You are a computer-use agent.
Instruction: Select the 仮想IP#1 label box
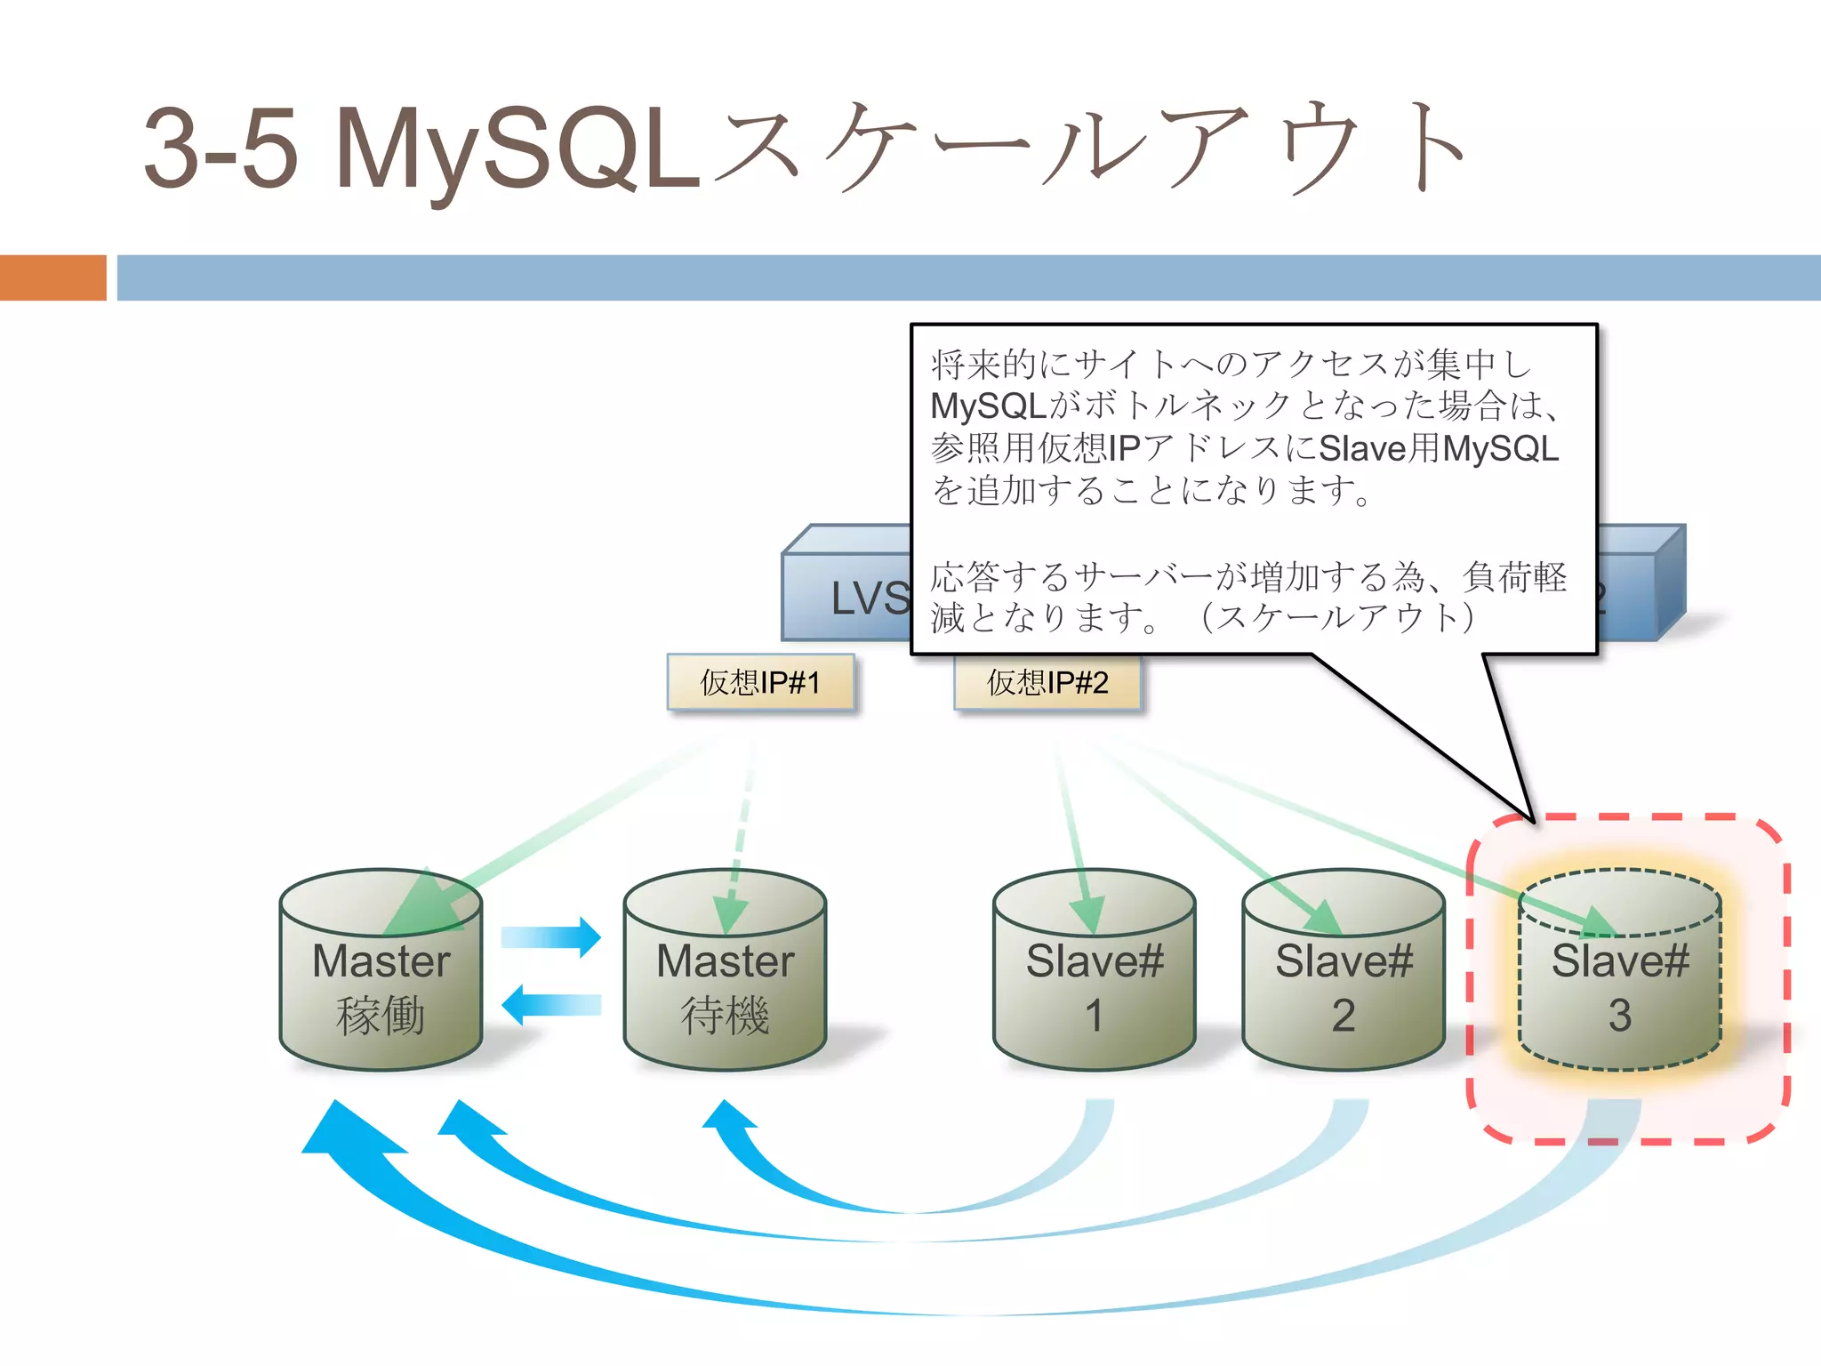(760, 682)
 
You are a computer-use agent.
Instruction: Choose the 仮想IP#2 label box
(1047, 682)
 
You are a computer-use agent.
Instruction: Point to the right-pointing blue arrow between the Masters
(551, 936)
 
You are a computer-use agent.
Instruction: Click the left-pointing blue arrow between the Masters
(551, 1005)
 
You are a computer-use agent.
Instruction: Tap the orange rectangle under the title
(52, 277)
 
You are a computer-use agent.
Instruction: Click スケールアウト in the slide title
(1089, 147)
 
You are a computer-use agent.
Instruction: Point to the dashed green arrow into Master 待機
(741, 827)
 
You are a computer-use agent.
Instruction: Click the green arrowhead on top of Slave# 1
(1087, 914)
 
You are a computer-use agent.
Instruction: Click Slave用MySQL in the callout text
(1438, 448)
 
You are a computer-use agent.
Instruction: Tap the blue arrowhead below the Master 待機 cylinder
(729, 1117)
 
